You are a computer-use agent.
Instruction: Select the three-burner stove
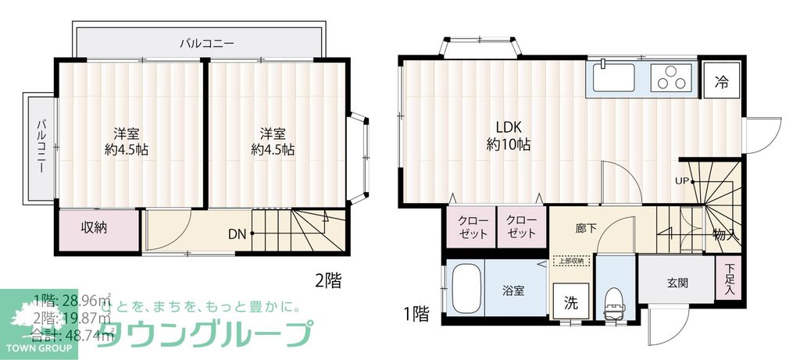click(672, 78)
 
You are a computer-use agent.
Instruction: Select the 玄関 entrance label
click(677, 283)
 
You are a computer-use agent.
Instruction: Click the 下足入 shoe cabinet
click(729, 280)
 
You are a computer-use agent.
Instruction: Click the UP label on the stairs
click(682, 182)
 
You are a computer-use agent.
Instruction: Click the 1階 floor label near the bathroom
click(416, 314)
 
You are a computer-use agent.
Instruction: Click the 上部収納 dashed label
click(570, 261)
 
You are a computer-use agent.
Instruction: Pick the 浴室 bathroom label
click(512, 290)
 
